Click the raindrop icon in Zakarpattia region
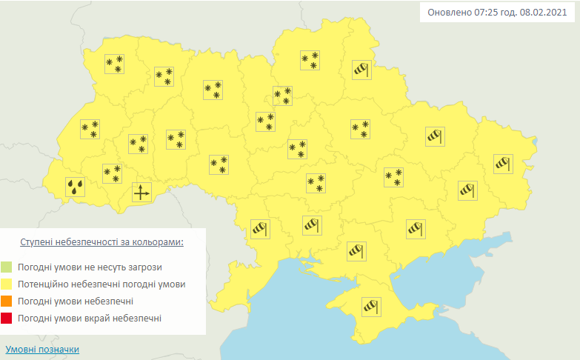click(75, 187)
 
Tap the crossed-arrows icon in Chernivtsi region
click(141, 193)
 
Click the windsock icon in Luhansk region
click(504, 162)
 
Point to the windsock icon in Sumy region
click(361, 70)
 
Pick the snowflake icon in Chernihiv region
click(310, 60)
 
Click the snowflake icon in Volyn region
click(113, 64)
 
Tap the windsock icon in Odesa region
click(259, 229)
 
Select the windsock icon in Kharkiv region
click(434, 136)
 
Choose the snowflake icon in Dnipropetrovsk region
click(393, 177)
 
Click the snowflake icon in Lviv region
click(90, 129)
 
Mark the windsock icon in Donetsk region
click(467, 190)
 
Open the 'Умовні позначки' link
click(41, 349)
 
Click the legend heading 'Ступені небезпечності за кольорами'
click(101, 242)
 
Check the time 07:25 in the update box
click(485, 13)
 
